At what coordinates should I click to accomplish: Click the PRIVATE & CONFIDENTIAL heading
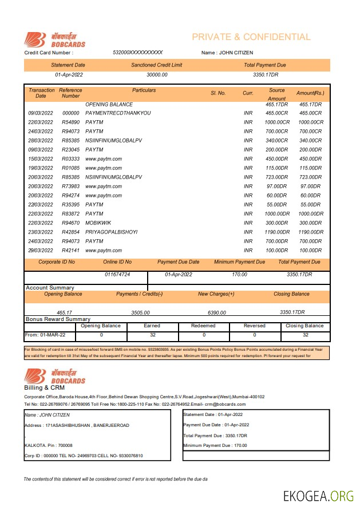[x=251, y=37]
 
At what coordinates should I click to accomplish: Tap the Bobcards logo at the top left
[x=55, y=39]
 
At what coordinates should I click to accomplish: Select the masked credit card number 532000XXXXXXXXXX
[x=138, y=53]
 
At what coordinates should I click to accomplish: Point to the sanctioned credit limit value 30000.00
[x=157, y=75]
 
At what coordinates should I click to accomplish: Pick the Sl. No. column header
[x=218, y=93]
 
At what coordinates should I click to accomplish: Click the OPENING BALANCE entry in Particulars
[x=109, y=105]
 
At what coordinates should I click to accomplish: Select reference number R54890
[x=70, y=122]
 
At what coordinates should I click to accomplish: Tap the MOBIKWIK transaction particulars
[x=99, y=223]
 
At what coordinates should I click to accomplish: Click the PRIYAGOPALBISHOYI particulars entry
[x=111, y=232]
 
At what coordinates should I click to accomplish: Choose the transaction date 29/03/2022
[x=41, y=250]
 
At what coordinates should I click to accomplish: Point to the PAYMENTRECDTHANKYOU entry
[x=118, y=113]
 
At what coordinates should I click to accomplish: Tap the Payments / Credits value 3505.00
[x=140, y=312]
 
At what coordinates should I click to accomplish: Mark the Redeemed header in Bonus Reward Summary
[x=203, y=326]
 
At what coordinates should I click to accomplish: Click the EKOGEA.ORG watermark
[x=318, y=496]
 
